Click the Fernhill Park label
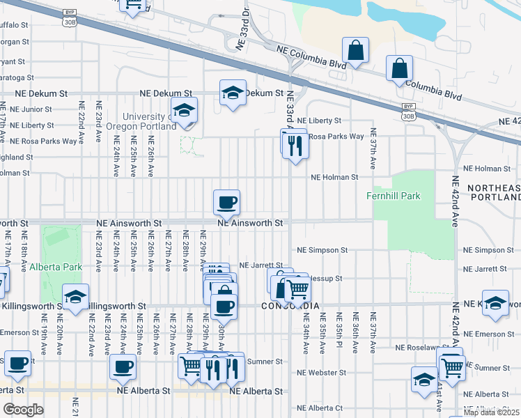(394, 196)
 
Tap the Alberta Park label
(56, 266)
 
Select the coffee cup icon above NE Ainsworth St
(226, 203)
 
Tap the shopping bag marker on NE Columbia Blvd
(355, 50)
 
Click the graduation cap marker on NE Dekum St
(233, 93)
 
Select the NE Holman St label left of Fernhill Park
(334, 178)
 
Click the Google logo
(23, 410)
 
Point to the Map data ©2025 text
(492, 412)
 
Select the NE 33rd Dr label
(242, 31)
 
